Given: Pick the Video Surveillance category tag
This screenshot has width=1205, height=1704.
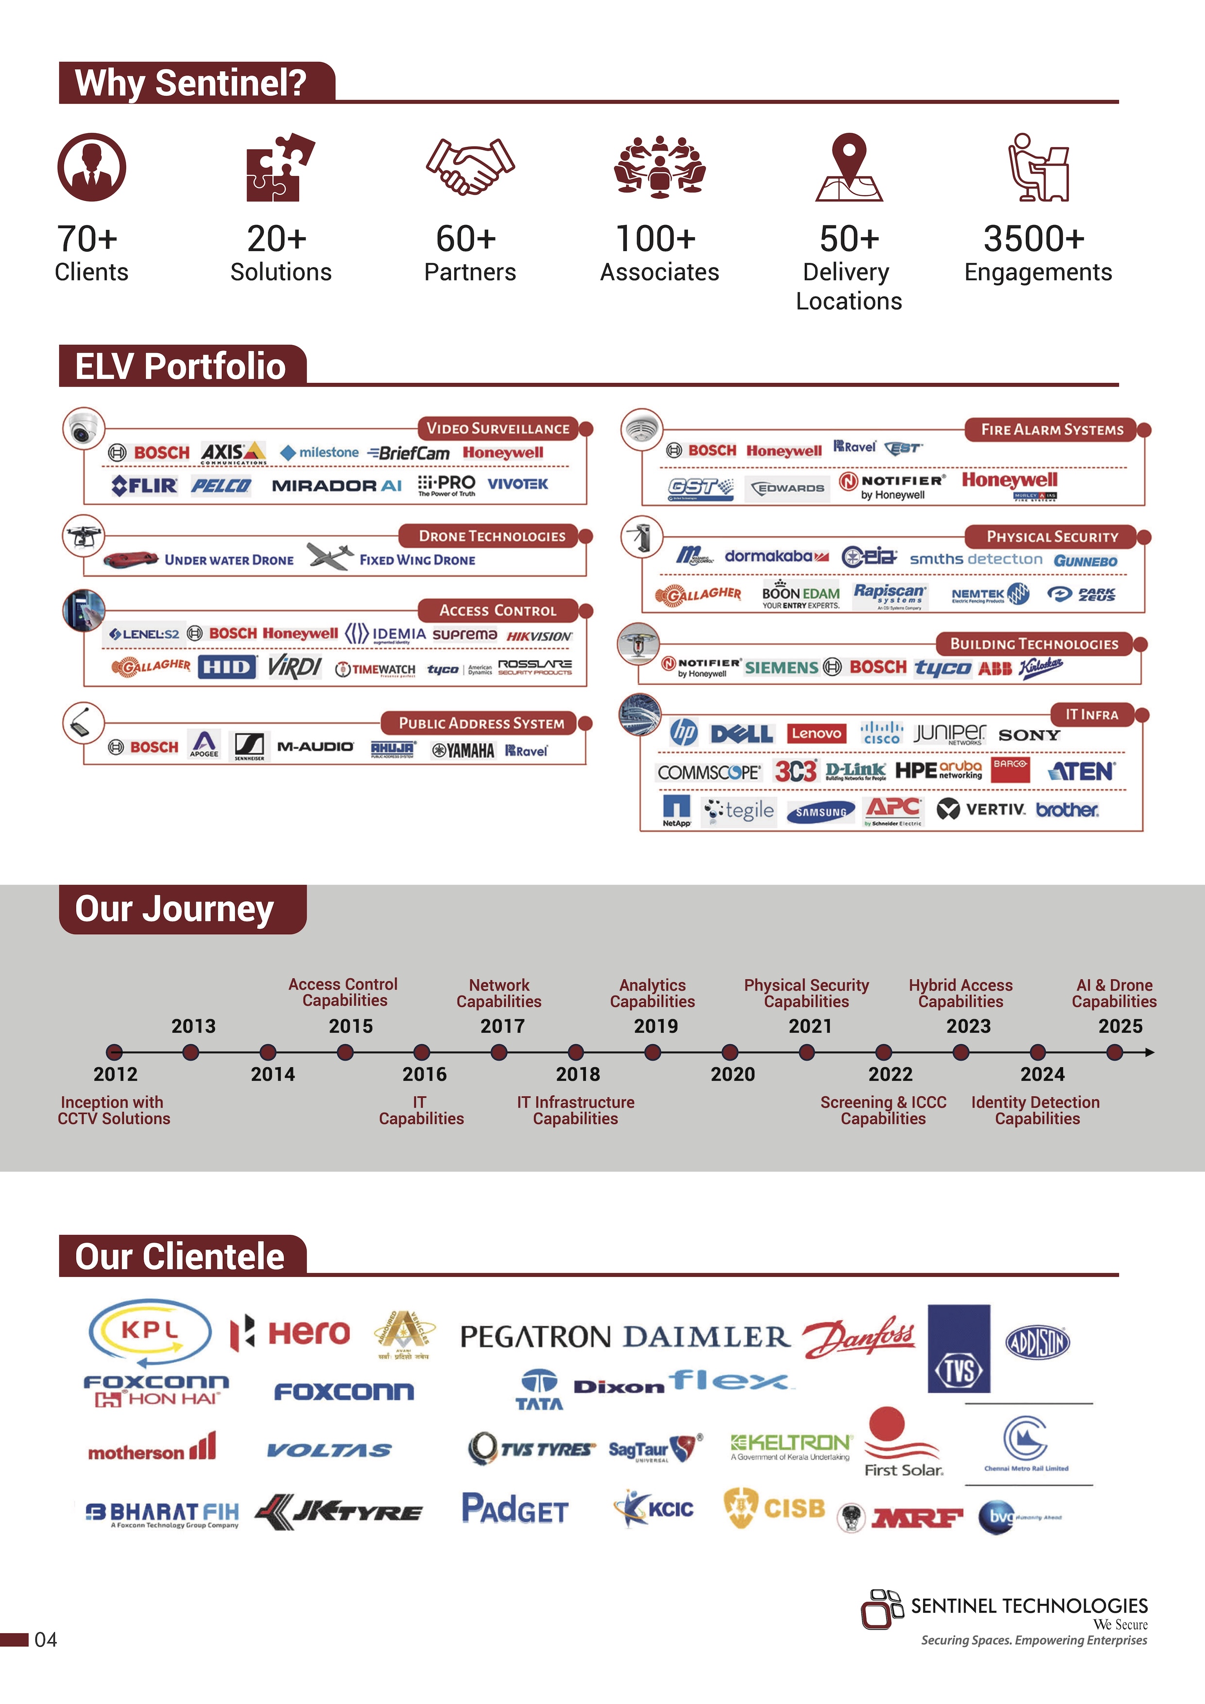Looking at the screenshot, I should (498, 428).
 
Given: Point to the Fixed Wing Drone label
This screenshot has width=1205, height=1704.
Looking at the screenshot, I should (417, 561).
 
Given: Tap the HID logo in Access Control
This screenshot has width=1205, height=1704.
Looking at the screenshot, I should (226, 666).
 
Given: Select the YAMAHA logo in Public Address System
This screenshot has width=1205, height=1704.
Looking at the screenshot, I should (463, 750).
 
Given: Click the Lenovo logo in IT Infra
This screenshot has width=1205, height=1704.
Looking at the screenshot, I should (816, 733).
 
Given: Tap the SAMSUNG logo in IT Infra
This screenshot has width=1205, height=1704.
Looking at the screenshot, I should (820, 812).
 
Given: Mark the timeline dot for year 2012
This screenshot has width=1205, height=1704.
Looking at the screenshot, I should (114, 1052).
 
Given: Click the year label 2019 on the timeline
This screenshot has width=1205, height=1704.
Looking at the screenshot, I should (655, 1026).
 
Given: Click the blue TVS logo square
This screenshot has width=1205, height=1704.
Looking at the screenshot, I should (959, 1348).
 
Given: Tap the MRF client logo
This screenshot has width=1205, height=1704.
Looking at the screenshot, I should (917, 1518).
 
